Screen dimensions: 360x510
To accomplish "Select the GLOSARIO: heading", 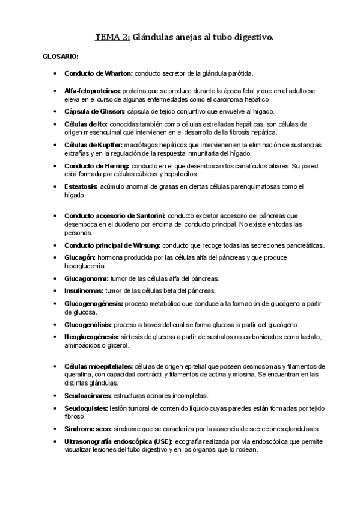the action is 59,57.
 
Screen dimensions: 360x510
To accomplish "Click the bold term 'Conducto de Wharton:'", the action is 99,73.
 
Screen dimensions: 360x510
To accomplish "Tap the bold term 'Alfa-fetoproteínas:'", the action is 92,91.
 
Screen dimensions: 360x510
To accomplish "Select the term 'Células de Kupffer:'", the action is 93,145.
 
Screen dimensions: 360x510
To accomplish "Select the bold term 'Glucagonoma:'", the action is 87,278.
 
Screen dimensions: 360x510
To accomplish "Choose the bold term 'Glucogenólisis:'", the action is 88,325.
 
